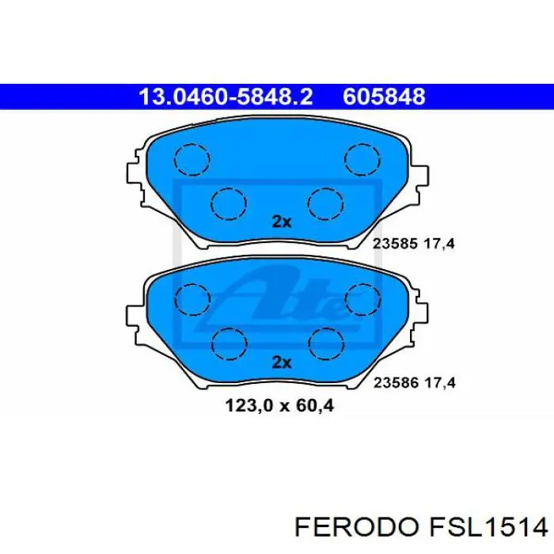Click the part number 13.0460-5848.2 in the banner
click(x=226, y=97)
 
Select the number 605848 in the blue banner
click(x=384, y=97)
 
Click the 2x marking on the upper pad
click(x=281, y=222)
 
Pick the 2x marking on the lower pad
click(x=281, y=362)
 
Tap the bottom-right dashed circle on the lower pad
click(x=325, y=343)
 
